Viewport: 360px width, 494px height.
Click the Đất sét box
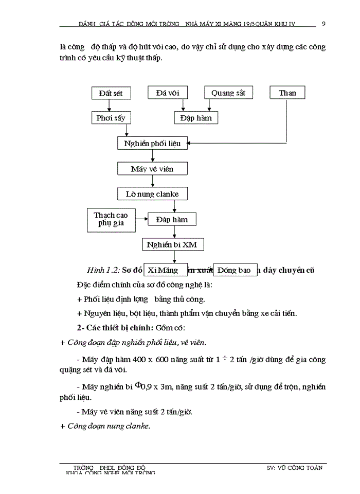111,93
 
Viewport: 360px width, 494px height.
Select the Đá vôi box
167,93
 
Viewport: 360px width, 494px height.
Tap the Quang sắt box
228,93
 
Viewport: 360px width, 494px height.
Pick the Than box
287,93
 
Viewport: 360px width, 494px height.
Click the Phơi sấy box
111,118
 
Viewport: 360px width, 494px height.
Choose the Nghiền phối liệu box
152,143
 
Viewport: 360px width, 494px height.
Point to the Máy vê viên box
152,169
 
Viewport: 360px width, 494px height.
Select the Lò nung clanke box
152,194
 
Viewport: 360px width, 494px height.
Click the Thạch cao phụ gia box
111,219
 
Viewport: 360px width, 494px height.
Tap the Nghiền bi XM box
172,244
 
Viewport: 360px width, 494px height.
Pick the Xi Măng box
161,270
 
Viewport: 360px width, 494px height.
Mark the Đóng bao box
235,270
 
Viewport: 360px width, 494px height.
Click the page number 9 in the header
323,23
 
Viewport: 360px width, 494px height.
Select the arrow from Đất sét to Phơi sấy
109,105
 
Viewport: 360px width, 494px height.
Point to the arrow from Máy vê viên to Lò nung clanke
152,181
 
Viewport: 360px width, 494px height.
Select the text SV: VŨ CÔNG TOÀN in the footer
295,468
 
